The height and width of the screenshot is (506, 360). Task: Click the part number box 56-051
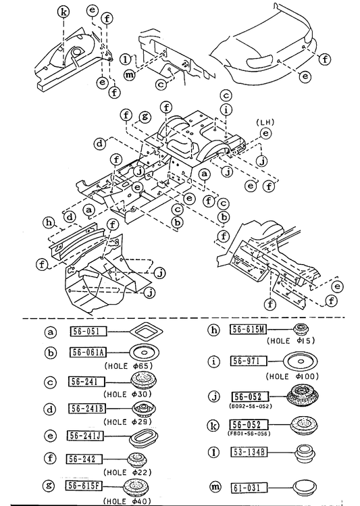(x=88, y=331)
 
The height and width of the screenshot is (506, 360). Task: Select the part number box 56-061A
(x=88, y=352)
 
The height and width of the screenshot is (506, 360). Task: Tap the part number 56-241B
(x=87, y=409)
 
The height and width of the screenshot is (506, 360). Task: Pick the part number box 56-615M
(x=249, y=329)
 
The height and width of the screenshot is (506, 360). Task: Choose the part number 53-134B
(x=249, y=452)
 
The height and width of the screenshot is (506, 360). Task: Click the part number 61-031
(x=249, y=488)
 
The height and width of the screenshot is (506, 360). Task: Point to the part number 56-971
(x=249, y=361)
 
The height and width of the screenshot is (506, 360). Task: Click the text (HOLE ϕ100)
(x=292, y=376)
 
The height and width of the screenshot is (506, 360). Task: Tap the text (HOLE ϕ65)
(x=128, y=366)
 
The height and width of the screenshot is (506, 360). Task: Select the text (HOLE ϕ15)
(x=290, y=340)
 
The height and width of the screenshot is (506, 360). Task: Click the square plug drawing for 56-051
(x=146, y=331)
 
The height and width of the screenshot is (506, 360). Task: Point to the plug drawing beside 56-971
(x=301, y=361)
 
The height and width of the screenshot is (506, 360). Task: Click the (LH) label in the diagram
(x=265, y=122)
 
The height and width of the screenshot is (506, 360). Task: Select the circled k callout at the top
(x=63, y=12)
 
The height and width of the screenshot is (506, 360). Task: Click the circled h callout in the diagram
(x=49, y=222)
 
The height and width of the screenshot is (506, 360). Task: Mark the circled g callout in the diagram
(x=145, y=116)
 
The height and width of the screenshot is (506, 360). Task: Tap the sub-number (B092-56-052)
(x=251, y=405)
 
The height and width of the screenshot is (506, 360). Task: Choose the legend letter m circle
(x=215, y=487)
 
